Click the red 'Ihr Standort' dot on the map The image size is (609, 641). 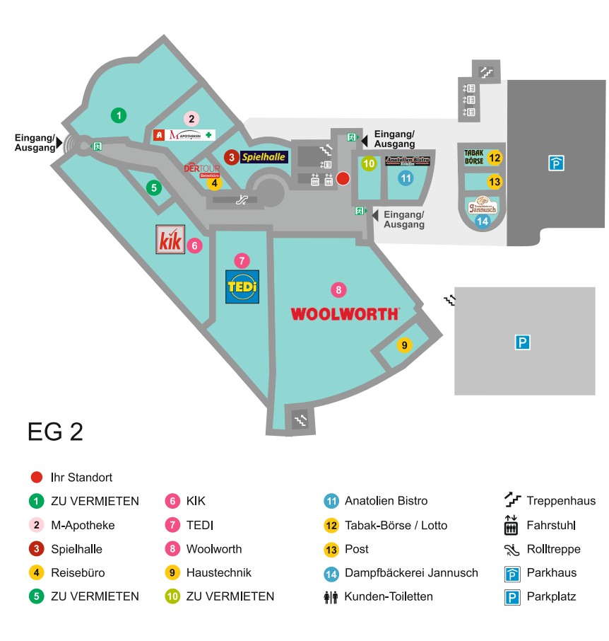[343, 178]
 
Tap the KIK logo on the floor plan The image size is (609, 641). [170, 240]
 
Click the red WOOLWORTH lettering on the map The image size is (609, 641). [345, 313]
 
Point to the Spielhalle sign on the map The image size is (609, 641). [265, 157]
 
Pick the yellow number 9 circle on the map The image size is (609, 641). [405, 345]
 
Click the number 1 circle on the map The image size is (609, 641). [119, 115]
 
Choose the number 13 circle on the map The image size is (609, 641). [495, 182]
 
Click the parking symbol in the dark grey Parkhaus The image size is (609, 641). [557, 163]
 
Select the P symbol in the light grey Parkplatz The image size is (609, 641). [522, 343]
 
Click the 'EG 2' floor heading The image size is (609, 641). [55, 432]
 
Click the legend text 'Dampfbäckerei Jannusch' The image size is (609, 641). [411, 573]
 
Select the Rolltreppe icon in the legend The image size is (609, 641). [512, 549]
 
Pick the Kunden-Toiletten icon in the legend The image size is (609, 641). [331, 596]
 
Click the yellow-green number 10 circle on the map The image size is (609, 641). [369, 163]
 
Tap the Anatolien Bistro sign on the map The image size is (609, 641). [408, 161]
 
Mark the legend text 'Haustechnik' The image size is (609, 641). [218, 573]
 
